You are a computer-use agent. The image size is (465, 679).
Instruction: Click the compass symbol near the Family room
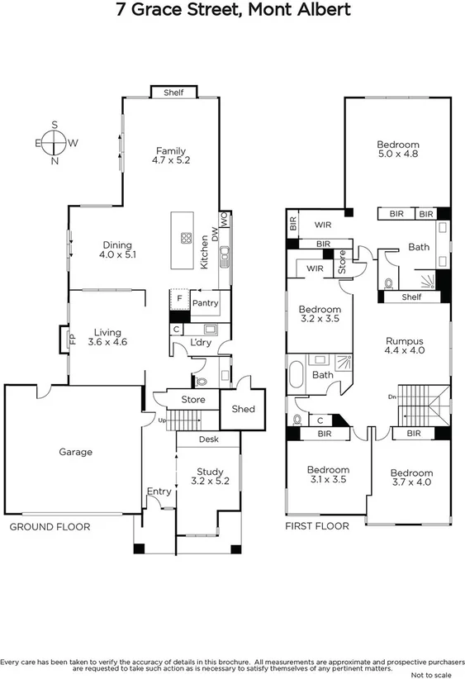55,143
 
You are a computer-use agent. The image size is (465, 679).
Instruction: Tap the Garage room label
75,452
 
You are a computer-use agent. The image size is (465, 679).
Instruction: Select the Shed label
244,409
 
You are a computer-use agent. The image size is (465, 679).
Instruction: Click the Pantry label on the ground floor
205,303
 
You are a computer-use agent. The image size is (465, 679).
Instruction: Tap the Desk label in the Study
208,440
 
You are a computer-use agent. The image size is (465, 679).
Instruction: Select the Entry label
159,491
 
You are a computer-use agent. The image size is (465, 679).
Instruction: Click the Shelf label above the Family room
173,93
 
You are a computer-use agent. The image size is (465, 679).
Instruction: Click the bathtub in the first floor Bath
297,375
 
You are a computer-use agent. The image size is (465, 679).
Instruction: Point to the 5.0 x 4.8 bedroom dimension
398,154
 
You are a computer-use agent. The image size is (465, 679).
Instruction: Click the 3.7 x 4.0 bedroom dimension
411,482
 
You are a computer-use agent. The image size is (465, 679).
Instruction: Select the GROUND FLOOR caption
49,526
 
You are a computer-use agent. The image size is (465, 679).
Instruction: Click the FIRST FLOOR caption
316,526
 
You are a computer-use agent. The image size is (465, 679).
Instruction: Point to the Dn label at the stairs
392,396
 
